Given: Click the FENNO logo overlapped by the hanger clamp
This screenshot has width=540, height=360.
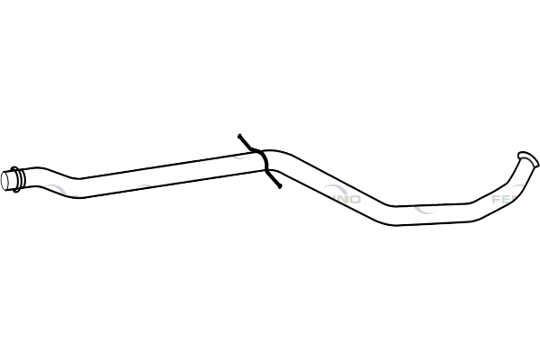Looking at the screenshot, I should (238, 144).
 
